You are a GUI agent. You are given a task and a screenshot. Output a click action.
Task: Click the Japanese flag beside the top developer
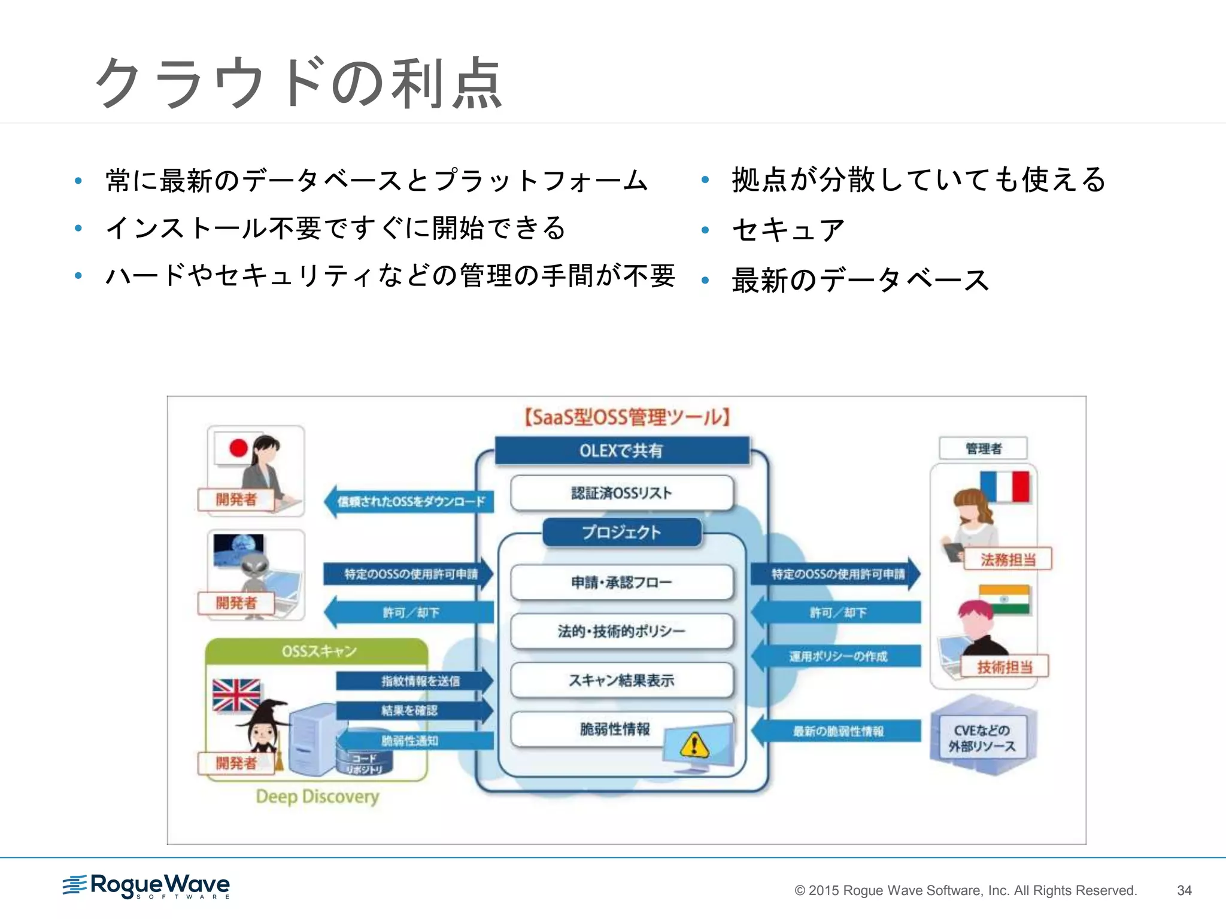pos(238,448)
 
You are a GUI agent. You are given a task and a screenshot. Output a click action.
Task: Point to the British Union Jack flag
pos(236,695)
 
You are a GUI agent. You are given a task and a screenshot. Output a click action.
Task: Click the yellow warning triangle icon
pos(694,745)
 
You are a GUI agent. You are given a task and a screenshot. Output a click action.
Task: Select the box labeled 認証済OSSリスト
pos(621,493)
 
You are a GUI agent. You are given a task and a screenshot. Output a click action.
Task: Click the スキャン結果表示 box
pos(621,680)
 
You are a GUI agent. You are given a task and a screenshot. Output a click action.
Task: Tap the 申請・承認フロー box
pos(621,582)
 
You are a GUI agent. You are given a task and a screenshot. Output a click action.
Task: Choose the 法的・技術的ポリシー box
pos(621,631)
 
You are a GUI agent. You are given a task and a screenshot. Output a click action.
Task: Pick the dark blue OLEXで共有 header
pos(621,451)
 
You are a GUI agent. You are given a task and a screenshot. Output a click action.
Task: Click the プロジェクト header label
pos(621,532)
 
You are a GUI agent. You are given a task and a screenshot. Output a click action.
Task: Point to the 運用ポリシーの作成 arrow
pos(837,656)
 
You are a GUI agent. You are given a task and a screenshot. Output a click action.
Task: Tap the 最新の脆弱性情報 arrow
pos(837,731)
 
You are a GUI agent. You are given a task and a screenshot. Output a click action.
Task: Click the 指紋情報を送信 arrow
pos(415,681)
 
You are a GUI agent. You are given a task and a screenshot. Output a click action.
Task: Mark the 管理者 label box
pos(983,448)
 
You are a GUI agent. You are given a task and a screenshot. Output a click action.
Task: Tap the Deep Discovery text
pos(317,796)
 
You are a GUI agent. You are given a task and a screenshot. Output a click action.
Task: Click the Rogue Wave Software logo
pos(147,885)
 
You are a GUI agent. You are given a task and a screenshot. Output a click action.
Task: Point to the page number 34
pos(1183,890)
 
